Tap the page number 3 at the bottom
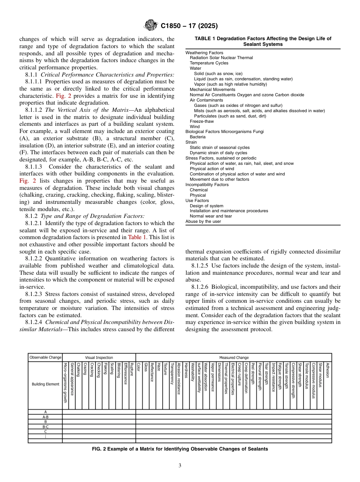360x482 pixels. click(x=180, y=465)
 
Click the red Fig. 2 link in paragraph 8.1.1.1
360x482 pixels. click(x=63, y=96)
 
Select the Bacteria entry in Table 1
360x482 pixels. click(x=197, y=137)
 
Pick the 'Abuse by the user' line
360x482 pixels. click(x=203, y=221)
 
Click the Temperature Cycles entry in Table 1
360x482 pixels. click(x=209, y=63)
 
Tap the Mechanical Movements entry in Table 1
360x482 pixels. click(x=212, y=89)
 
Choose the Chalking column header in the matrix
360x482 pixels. click(x=78, y=369)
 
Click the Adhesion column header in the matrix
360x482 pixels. click(x=327, y=370)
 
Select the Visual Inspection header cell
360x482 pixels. click(x=99, y=357)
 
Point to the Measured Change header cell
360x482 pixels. click(x=234, y=357)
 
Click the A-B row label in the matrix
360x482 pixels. click(x=45, y=417)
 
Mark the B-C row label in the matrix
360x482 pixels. click(x=45, y=427)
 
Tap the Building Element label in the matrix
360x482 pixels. click(x=45, y=384)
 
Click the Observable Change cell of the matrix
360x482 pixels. click(x=45, y=357)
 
